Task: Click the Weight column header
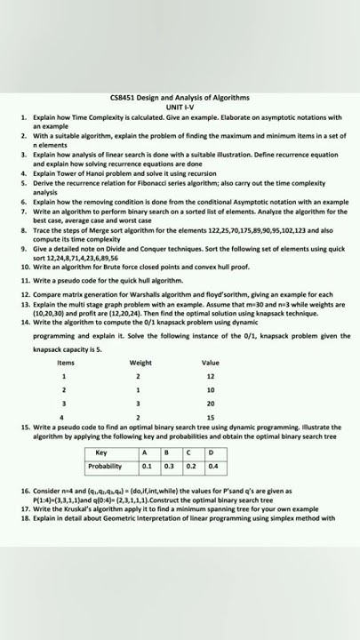(x=140, y=363)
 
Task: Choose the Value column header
(x=211, y=363)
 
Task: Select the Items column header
(x=65, y=363)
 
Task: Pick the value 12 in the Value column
(x=211, y=376)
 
